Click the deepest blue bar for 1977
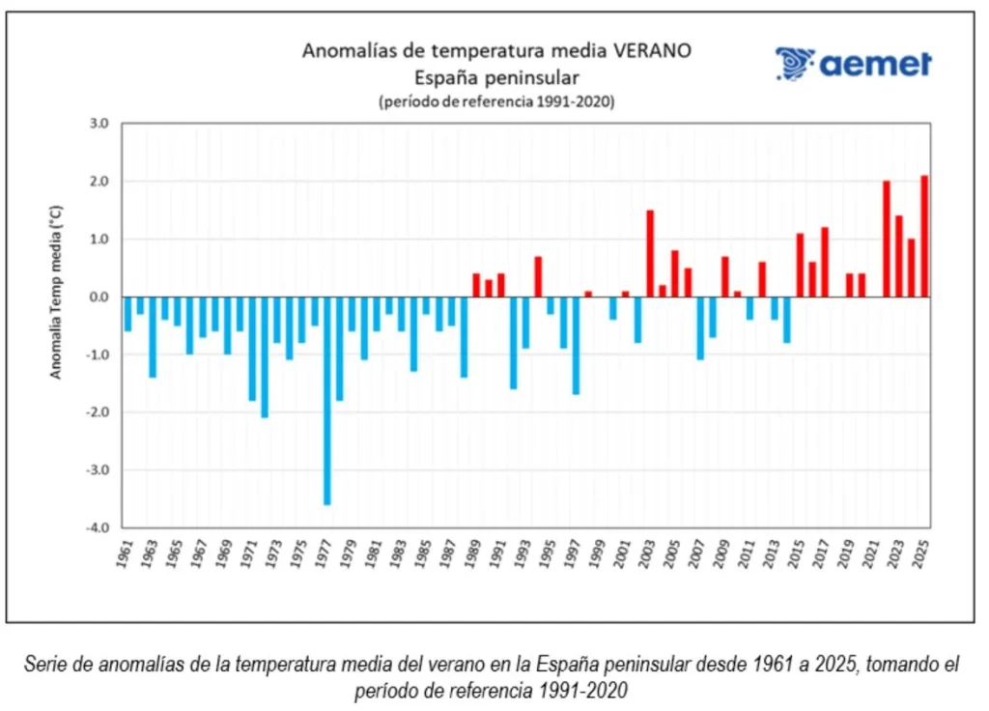(x=326, y=400)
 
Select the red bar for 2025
(x=924, y=236)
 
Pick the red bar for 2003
(x=650, y=253)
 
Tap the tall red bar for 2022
(x=887, y=239)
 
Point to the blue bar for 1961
(x=127, y=313)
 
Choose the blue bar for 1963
(x=153, y=336)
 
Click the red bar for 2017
(x=825, y=262)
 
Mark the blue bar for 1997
(x=576, y=345)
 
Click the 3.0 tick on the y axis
(x=100, y=124)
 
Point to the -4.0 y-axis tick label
(x=99, y=528)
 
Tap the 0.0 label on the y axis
(x=100, y=297)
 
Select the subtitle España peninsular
(x=496, y=77)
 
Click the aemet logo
(x=853, y=64)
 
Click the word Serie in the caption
(x=44, y=665)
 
